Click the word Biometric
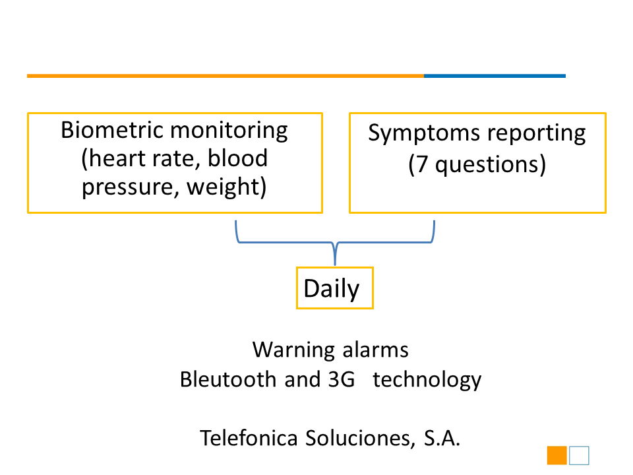[111, 130]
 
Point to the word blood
[237, 158]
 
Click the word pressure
[128, 187]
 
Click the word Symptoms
[424, 134]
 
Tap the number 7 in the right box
[421, 165]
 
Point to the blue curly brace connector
[335, 243]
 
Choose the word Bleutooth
[227, 380]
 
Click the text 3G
[341, 380]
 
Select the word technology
[427, 381]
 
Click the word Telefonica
[249, 438]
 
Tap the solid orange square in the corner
[557, 455]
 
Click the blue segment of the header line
[495, 76]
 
